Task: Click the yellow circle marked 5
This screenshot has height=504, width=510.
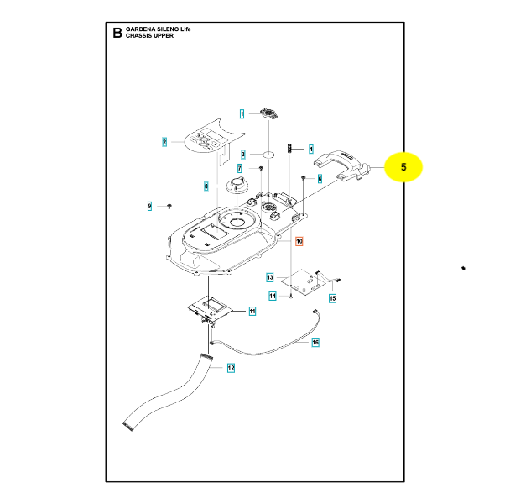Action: point(403,168)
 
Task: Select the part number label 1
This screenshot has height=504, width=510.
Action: point(242,113)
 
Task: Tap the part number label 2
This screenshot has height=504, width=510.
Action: point(165,142)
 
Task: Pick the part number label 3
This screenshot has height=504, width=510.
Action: point(243,154)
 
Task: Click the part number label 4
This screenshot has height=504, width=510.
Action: point(310,150)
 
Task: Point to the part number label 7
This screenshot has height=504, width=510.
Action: point(239,169)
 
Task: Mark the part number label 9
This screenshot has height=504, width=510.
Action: point(150,206)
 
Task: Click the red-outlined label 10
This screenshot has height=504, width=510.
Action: point(299,242)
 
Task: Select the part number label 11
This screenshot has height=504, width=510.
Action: point(252,311)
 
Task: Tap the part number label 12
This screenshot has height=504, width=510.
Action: point(231,368)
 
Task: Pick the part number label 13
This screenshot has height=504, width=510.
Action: point(270,277)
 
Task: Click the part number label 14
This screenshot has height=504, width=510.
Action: point(273,296)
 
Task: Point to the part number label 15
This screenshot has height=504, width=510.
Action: point(332,298)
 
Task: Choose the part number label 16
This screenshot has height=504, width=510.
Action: point(315,343)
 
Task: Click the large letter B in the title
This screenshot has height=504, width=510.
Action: point(117,34)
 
